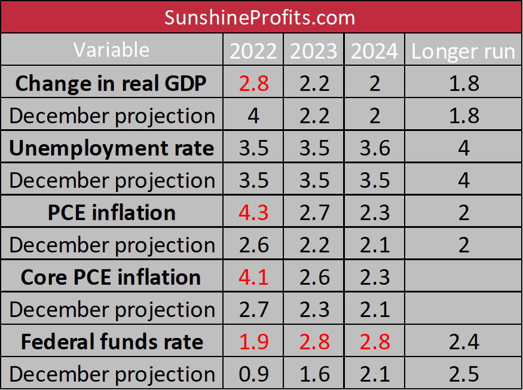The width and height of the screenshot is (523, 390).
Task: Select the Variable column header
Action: pyautogui.click(x=112, y=50)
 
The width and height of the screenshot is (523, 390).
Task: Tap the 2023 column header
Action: pyautogui.click(x=314, y=51)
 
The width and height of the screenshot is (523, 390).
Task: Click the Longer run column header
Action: pyautogui.click(x=463, y=51)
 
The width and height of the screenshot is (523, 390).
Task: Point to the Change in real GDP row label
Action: pyautogui.click(x=111, y=83)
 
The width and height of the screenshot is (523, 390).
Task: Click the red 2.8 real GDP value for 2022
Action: pyautogui.click(x=253, y=83)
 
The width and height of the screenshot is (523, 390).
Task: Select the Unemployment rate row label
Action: pyautogui.click(x=111, y=148)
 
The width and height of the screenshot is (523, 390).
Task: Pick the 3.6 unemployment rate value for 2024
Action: pyautogui.click(x=374, y=148)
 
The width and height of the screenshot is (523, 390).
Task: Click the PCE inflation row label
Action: pyautogui.click(x=111, y=212)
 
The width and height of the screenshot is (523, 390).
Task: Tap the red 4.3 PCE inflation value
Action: pyautogui.click(x=253, y=212)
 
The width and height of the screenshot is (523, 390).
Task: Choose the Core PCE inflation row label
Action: pyautogui.click(x=111, y=277)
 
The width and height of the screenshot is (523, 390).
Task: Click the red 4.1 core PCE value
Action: pyautogui.click(x=253, y=277)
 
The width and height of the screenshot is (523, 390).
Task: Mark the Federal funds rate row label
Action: pyautogui.click(x=112, y=342)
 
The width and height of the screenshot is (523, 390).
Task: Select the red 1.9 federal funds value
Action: pyautogui.click(x=253, y=342)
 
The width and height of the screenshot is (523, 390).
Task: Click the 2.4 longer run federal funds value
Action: pyautogui.click(x=464, y=342)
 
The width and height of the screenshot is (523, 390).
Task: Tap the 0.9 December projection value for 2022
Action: pyautogui.click(x=253, y=374)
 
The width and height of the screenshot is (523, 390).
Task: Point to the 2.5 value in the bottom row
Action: pyautogui.click(x=464, y=374)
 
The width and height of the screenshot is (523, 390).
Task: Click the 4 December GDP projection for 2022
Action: pyautogui.click(x=253, y=115)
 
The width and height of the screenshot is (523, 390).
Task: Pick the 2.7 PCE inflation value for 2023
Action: pyautogui.click(x=314, y=212)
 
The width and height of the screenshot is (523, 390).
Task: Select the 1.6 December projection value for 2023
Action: pyautogui.click(x=314, y=374)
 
